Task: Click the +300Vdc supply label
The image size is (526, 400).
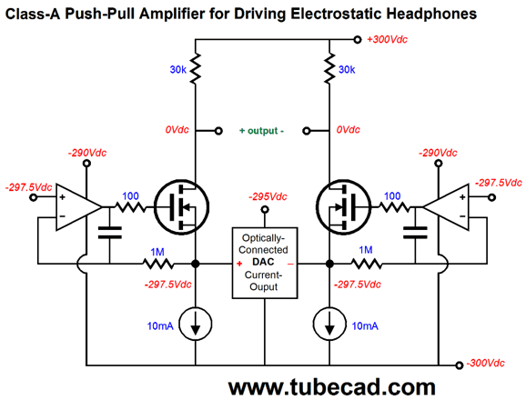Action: click(387, 39)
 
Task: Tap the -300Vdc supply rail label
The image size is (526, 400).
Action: click(485, 363)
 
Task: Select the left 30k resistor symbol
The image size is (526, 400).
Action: click(196, 68)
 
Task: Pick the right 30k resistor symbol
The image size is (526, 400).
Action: click(329, 68)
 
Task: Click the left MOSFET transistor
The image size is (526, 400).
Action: click(181, 207)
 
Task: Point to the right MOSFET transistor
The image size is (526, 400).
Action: click(344, 207)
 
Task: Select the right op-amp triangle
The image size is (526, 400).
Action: click(446, 207)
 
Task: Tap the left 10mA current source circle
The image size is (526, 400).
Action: click(196, 325)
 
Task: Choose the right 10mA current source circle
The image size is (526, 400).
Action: click(329, 325)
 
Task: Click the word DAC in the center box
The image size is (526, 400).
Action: click(263, 262)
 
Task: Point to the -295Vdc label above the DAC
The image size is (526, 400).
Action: click(268, 196)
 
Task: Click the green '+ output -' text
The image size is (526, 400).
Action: click(262, 131)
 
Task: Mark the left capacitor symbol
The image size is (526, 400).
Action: click(110, 233)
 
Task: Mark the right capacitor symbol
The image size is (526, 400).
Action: click(415, 233)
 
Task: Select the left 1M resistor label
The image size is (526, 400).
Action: click(157, 252)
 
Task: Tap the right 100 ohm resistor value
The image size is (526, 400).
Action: click(392, 196)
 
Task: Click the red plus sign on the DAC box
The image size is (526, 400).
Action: click(239, 264)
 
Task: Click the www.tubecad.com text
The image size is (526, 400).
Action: click(331, 387)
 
